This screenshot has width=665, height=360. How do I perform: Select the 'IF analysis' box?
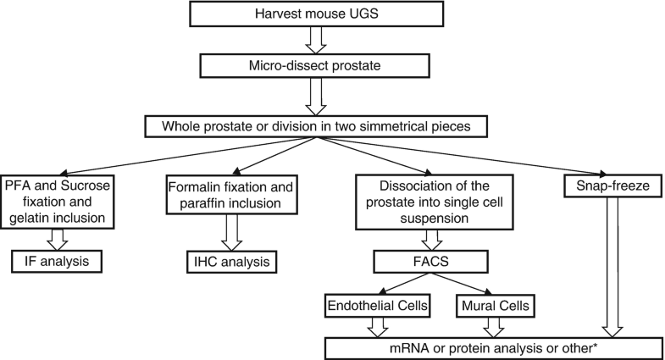(58, 261)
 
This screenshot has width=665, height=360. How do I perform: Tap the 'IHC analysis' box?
(230, 261)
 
